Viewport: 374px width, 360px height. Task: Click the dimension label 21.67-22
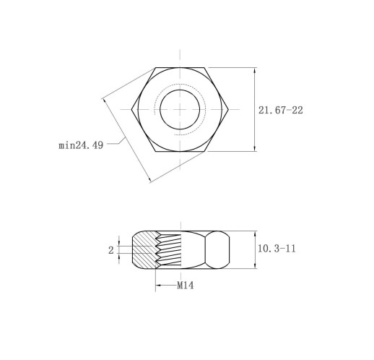280,110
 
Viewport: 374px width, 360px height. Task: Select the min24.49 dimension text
81,145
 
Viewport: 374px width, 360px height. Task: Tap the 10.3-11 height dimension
277,249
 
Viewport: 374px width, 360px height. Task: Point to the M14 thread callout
185,286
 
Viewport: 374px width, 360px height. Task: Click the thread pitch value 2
110,250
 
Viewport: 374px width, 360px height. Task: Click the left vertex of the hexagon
131,109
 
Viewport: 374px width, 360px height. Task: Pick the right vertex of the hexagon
228,109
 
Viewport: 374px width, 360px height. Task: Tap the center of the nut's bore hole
180,110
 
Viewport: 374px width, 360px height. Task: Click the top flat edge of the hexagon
180,68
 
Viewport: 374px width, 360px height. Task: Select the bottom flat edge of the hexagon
180,151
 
